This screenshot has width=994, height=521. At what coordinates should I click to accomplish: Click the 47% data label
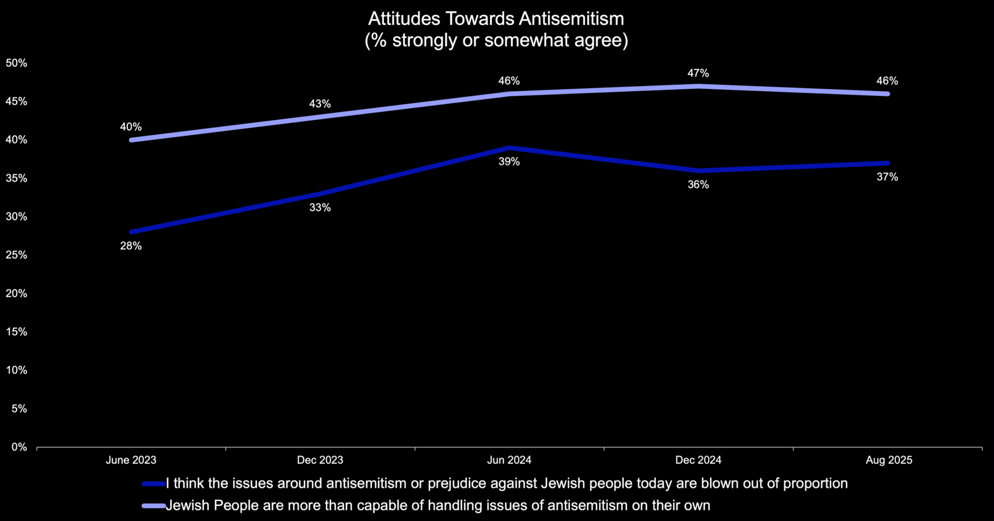point(698,73)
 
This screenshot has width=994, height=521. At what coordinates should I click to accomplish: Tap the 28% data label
point(131,246)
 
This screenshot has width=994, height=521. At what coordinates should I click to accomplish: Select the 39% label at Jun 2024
point(509,162)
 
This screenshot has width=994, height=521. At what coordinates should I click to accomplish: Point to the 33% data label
point(320,208)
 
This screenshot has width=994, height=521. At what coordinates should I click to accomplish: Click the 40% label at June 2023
point(131,127)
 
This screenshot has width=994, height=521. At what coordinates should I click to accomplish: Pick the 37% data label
point(887,177)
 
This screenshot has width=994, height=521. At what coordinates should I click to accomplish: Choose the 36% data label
point(698,184)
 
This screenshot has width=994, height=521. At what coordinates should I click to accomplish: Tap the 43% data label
point(320,104)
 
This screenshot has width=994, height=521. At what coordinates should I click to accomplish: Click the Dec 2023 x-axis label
point(320,460)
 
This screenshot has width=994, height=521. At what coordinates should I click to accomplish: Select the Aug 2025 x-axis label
point(889,460)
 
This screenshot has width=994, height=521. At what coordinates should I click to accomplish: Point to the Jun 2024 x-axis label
point(509,460)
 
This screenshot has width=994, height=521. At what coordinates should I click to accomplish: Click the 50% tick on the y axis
point(17,63)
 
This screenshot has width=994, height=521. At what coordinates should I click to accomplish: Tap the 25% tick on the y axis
point(17,255)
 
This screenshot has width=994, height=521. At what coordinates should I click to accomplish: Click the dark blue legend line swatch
point(154,484)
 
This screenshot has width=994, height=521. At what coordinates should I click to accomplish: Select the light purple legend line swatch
point(154,506)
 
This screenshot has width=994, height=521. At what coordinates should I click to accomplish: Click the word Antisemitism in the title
point(571,19)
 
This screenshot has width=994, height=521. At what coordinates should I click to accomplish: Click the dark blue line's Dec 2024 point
point(698,170)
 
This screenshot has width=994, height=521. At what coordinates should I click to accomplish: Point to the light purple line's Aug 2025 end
point(887,94)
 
